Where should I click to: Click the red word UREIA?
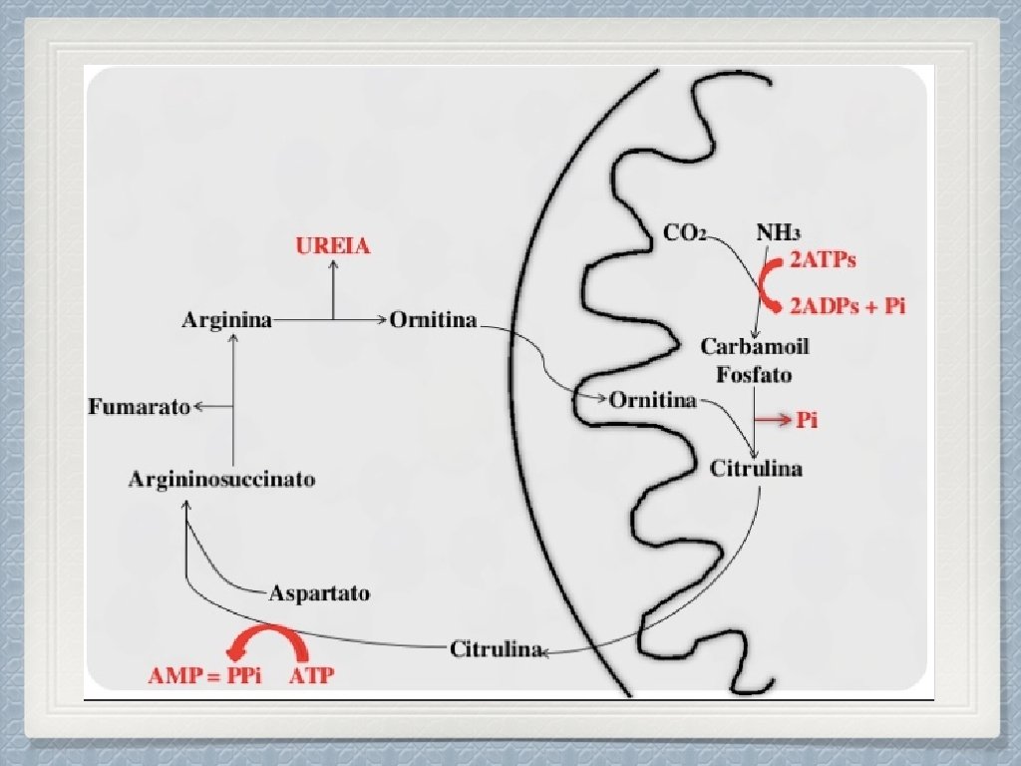pos(333,246)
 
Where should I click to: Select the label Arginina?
pos(227,321)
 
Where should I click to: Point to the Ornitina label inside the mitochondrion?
pos(652,401)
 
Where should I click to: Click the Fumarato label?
pos(140,407)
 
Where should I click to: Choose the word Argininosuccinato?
pos(222,480)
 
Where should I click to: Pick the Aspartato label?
pos(320,593)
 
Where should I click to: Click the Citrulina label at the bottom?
pos(497,650)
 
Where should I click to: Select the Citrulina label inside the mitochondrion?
pos(756,469)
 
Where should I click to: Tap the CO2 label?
pos(685,233)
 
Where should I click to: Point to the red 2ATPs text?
pos(823,261)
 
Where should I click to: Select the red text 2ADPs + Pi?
pos(849,305)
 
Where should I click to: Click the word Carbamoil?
pos(755,347)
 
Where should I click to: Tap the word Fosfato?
pos(755,375)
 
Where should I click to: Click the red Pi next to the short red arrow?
pos(807,421)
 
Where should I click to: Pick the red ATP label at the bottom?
pos(312,676)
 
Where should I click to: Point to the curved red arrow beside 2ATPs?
pos(769,282)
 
